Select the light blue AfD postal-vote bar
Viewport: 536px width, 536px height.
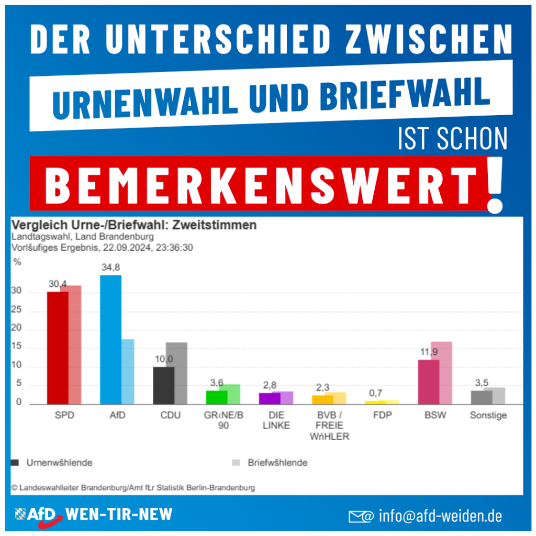pyautogui.click(x=128, y=372)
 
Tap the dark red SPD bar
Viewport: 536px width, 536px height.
pyautogui.click(x=58, y=348)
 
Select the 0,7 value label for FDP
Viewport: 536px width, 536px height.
pyautogui.click(x=375, y=393)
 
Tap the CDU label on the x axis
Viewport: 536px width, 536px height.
pyautogui.click(x=170, y=416)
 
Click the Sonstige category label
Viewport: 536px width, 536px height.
pyautogui.click(x=488, y=416)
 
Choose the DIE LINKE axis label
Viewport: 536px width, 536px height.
pyautogui.click(x=276, y=420)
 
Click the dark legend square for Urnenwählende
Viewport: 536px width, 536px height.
pyautogui.click(x=15, y=463)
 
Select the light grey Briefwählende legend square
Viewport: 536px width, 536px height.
pyautogui.click(x=236, y=463)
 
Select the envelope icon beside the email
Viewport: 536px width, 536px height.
pyautogui.click(x=361, y=517)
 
